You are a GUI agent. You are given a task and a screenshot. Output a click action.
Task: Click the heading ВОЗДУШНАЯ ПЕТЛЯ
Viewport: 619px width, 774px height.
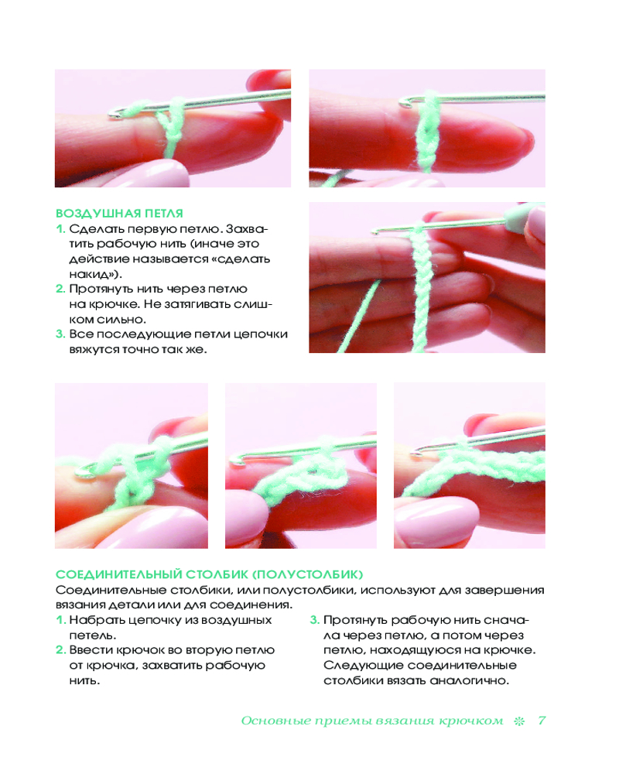point(119,214)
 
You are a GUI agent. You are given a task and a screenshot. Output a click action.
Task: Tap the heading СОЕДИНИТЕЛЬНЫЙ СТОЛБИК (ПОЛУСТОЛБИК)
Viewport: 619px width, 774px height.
point(209,574)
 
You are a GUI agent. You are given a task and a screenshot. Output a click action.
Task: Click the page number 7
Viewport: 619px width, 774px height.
point(542,721)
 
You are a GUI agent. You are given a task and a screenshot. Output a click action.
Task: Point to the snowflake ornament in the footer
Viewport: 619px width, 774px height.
point(519,721)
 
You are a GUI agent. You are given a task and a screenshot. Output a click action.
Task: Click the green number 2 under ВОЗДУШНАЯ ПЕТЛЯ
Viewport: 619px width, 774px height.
point(60,289)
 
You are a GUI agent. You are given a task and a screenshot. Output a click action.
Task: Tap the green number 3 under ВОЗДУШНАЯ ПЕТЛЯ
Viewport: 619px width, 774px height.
point(60,334)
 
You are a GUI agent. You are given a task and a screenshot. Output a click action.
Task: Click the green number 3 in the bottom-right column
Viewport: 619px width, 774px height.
point(314,620)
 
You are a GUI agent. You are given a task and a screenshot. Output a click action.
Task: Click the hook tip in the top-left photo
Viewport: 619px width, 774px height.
point(111,115)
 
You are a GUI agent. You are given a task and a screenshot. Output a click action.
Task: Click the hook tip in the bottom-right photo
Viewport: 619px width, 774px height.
point(416,450)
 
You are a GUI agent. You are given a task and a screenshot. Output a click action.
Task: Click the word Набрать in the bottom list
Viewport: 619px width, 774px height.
point(94,620)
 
